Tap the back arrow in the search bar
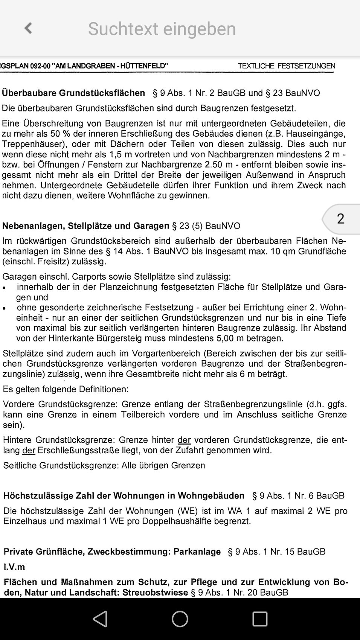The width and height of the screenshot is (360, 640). click(28, 28)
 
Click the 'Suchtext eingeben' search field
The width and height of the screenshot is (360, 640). click(162, 29)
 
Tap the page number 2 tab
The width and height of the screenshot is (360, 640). click(340, 219)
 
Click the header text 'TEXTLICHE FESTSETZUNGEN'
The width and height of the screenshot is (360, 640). click(286, 66)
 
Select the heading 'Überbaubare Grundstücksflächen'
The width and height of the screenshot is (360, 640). click(73, 93)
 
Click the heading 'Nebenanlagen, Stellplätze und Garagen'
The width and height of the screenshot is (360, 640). click(86, 226)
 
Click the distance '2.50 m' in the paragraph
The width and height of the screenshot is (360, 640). click(220, 165)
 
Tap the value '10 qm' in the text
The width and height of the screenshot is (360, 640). click(282, 251)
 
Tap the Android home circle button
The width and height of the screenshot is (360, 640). click(180, 619)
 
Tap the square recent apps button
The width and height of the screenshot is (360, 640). click(260, 619)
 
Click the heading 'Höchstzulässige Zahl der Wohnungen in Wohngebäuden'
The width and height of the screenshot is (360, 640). click(124, 496)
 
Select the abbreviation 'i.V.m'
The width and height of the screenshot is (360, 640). click(14, 567)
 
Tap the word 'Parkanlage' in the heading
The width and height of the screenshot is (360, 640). click(197, 552)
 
